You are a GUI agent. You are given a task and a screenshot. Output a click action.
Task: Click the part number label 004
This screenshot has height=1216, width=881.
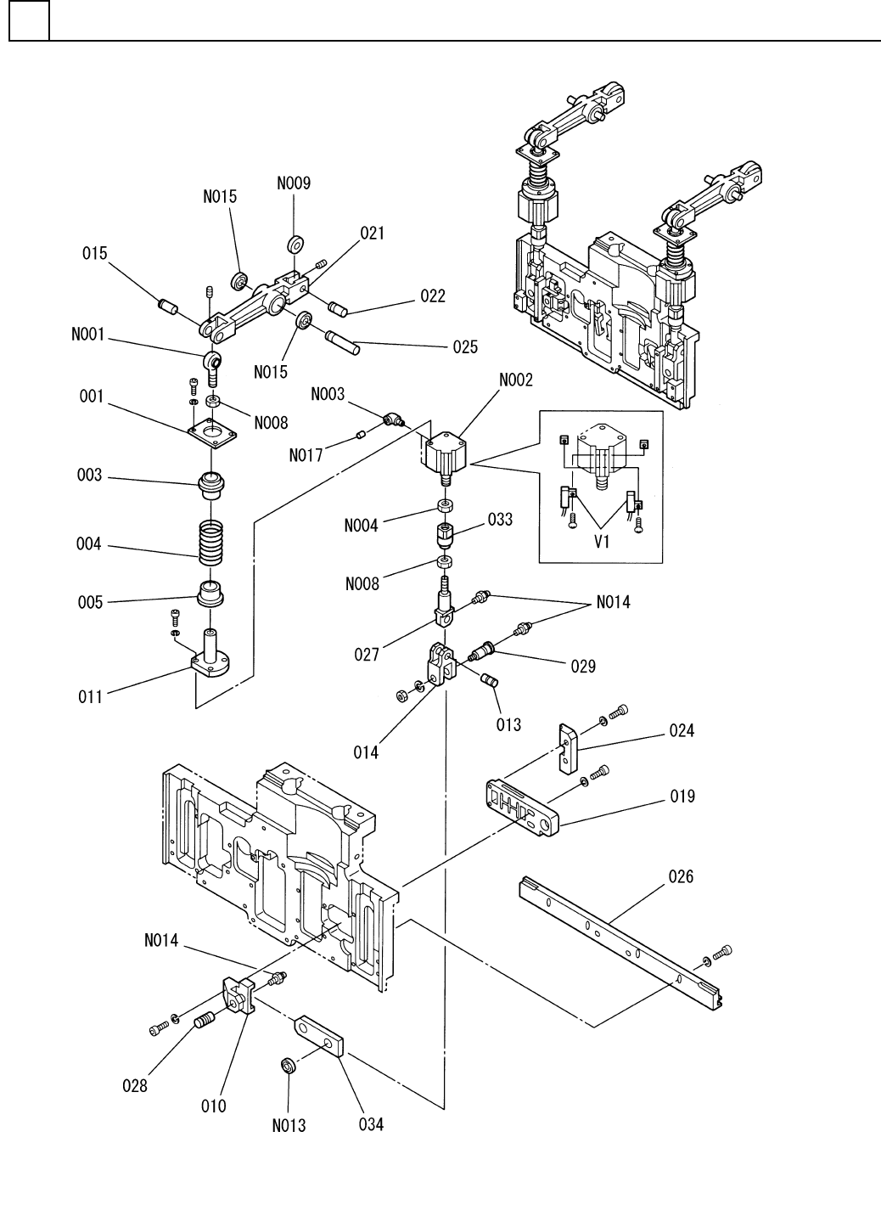(89, 544)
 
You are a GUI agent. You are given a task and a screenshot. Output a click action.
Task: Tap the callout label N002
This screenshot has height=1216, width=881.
(516, 380)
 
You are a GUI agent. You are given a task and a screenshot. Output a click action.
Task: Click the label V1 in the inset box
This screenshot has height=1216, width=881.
(602, 542)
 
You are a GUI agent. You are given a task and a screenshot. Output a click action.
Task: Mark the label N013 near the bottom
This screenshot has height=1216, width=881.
(289, 1126)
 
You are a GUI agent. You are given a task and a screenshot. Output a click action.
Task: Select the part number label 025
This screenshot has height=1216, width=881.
(464, 346)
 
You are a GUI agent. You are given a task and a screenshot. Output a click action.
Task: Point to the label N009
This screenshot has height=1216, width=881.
(294, 183)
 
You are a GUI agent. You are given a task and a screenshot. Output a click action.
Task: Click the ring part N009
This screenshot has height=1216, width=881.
(296, 245)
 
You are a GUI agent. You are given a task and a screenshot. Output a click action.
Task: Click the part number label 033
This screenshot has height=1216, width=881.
(500, 519)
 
